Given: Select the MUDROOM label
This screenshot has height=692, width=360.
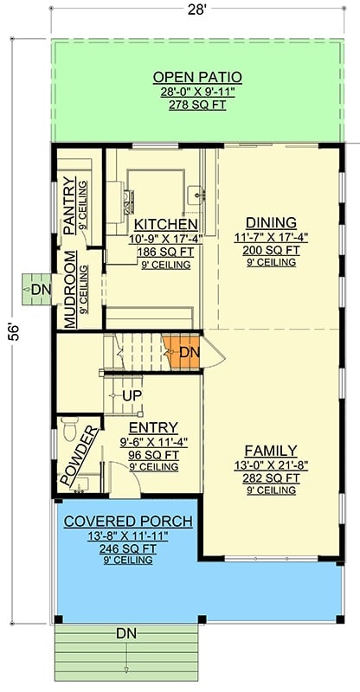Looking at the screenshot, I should point(71,287).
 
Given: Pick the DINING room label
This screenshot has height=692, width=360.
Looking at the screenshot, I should point(270,222).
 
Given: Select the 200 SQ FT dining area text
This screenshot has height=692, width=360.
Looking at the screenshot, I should point(270,249).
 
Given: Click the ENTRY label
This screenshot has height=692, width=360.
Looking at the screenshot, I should point(153,427).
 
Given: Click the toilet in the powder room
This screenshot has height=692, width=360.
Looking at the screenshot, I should point(73,430).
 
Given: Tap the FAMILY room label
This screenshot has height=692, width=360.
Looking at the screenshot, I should point(270,451).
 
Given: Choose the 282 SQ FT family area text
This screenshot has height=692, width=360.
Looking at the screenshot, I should point(270,477).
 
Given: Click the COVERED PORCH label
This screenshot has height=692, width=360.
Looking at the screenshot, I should point(128,521).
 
